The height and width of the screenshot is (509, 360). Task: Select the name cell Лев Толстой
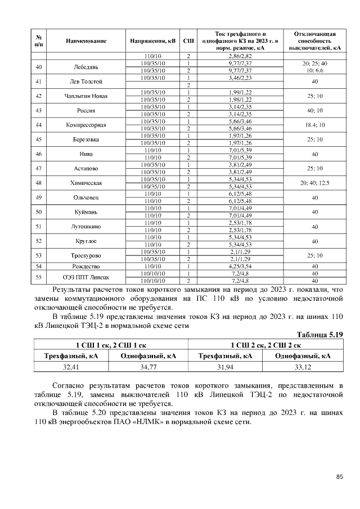86,81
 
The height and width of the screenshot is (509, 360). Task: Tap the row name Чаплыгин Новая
86,96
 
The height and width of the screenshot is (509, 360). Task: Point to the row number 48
39,183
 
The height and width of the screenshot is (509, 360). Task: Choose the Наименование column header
86,41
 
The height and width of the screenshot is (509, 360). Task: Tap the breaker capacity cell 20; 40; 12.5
315,183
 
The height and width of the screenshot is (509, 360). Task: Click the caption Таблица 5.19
319,335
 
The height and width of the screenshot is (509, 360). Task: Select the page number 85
339,477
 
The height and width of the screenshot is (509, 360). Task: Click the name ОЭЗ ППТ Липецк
86,277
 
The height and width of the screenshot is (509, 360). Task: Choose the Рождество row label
86,266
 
